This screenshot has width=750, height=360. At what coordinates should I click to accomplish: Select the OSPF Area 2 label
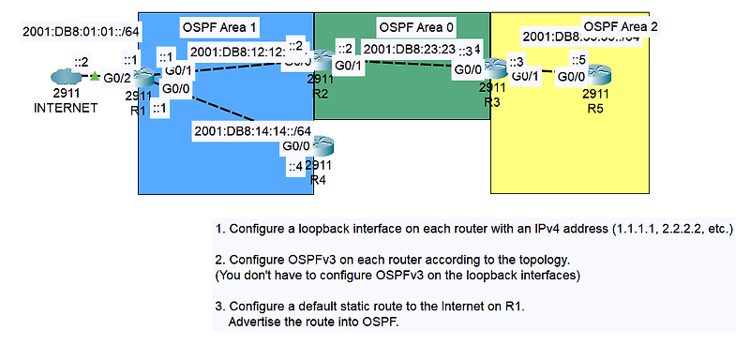click(621, 25)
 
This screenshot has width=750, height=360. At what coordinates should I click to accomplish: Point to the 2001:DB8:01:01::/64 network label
click(80, 32)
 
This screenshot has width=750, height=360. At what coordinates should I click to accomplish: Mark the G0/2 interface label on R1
click(114, 78)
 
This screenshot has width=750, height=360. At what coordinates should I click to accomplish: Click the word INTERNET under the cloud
click(66, 108)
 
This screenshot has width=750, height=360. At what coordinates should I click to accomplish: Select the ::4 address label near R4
click(294, 167)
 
